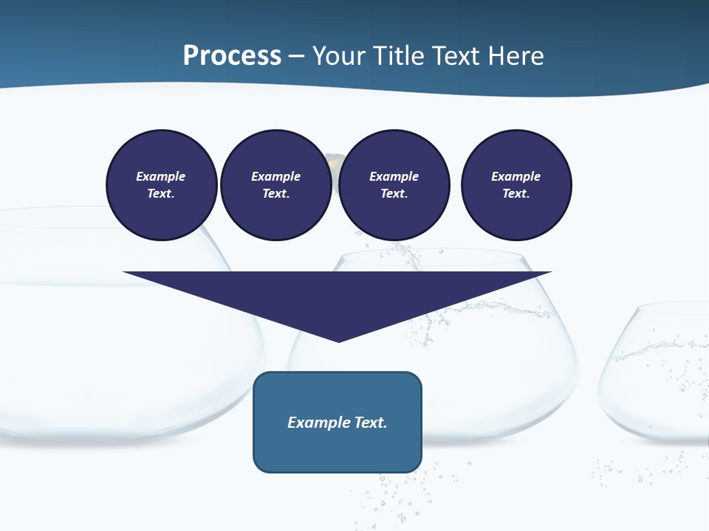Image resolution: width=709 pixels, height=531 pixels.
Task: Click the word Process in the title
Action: [x=232, y=56]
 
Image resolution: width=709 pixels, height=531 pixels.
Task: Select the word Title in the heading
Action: [x=401, y=56]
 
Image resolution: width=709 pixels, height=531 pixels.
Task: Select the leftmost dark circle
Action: [x=162, y=185]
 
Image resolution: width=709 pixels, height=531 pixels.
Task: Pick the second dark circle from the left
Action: [x=276, y=185]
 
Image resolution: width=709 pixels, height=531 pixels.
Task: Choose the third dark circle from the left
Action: [x=394, y=185]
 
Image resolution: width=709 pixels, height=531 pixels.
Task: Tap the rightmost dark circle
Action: [x=516, y=185]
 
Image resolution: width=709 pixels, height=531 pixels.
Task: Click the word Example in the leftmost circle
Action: [x=161, y=176]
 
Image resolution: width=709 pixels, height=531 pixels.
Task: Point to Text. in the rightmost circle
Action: [x=516, y=194]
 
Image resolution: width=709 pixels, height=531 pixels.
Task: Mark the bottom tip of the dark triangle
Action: [x=338, y=341]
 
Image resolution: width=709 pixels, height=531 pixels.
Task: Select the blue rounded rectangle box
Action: [x=338, y=422]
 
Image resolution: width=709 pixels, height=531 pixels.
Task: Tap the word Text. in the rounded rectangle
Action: [x=371, y=423]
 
